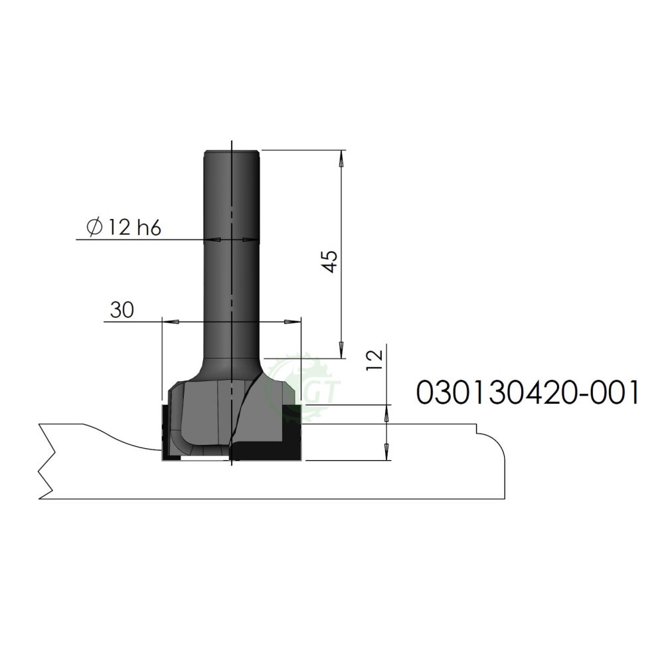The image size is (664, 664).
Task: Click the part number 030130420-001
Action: (527, 392)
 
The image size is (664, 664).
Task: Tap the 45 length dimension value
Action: (330, 261)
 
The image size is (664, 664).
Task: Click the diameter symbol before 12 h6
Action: (94, 228)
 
